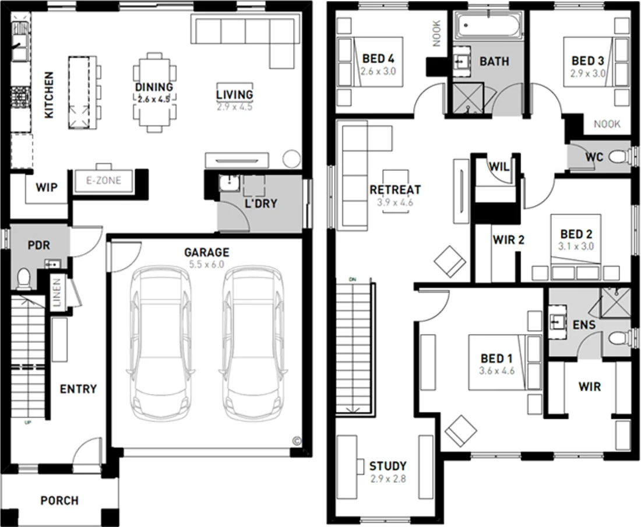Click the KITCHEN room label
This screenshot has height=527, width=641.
pyautogui.click(x=49, y=95)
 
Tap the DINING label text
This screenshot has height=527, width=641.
pyautogui.click(x=154, y=87)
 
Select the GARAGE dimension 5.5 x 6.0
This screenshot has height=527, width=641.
pyautogui.click(x=206, y=265)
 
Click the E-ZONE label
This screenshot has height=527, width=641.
pyautogui.click(x=104, y=181)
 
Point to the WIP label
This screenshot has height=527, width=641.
pyautogui.click(x=47, y=188)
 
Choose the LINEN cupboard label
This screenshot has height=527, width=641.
pyautogui.click(x=57, y=291)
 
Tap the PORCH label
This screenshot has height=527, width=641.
pyautogui.click(x=59, y=500)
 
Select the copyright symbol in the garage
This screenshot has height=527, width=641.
pyautogui.click(x=296, y=441)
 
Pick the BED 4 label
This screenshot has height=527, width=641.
pyautogui.click(x=378, y=59)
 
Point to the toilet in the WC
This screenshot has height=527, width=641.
pyautogui.click(x=621, y=157)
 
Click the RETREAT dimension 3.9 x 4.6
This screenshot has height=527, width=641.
pyautogui.click(x=395, y=203)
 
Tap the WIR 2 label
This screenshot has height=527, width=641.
pyautogui.click(x=509, y=240)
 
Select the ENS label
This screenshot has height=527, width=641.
pyautogui.click(x=584, y=325)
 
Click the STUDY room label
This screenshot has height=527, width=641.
pyautogui.click(x=388, y=466)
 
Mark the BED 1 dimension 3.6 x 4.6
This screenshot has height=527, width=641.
pyautogui.click(x=496, y=371)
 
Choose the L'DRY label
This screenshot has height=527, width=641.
pyautogui.click(x=260, y=204)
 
